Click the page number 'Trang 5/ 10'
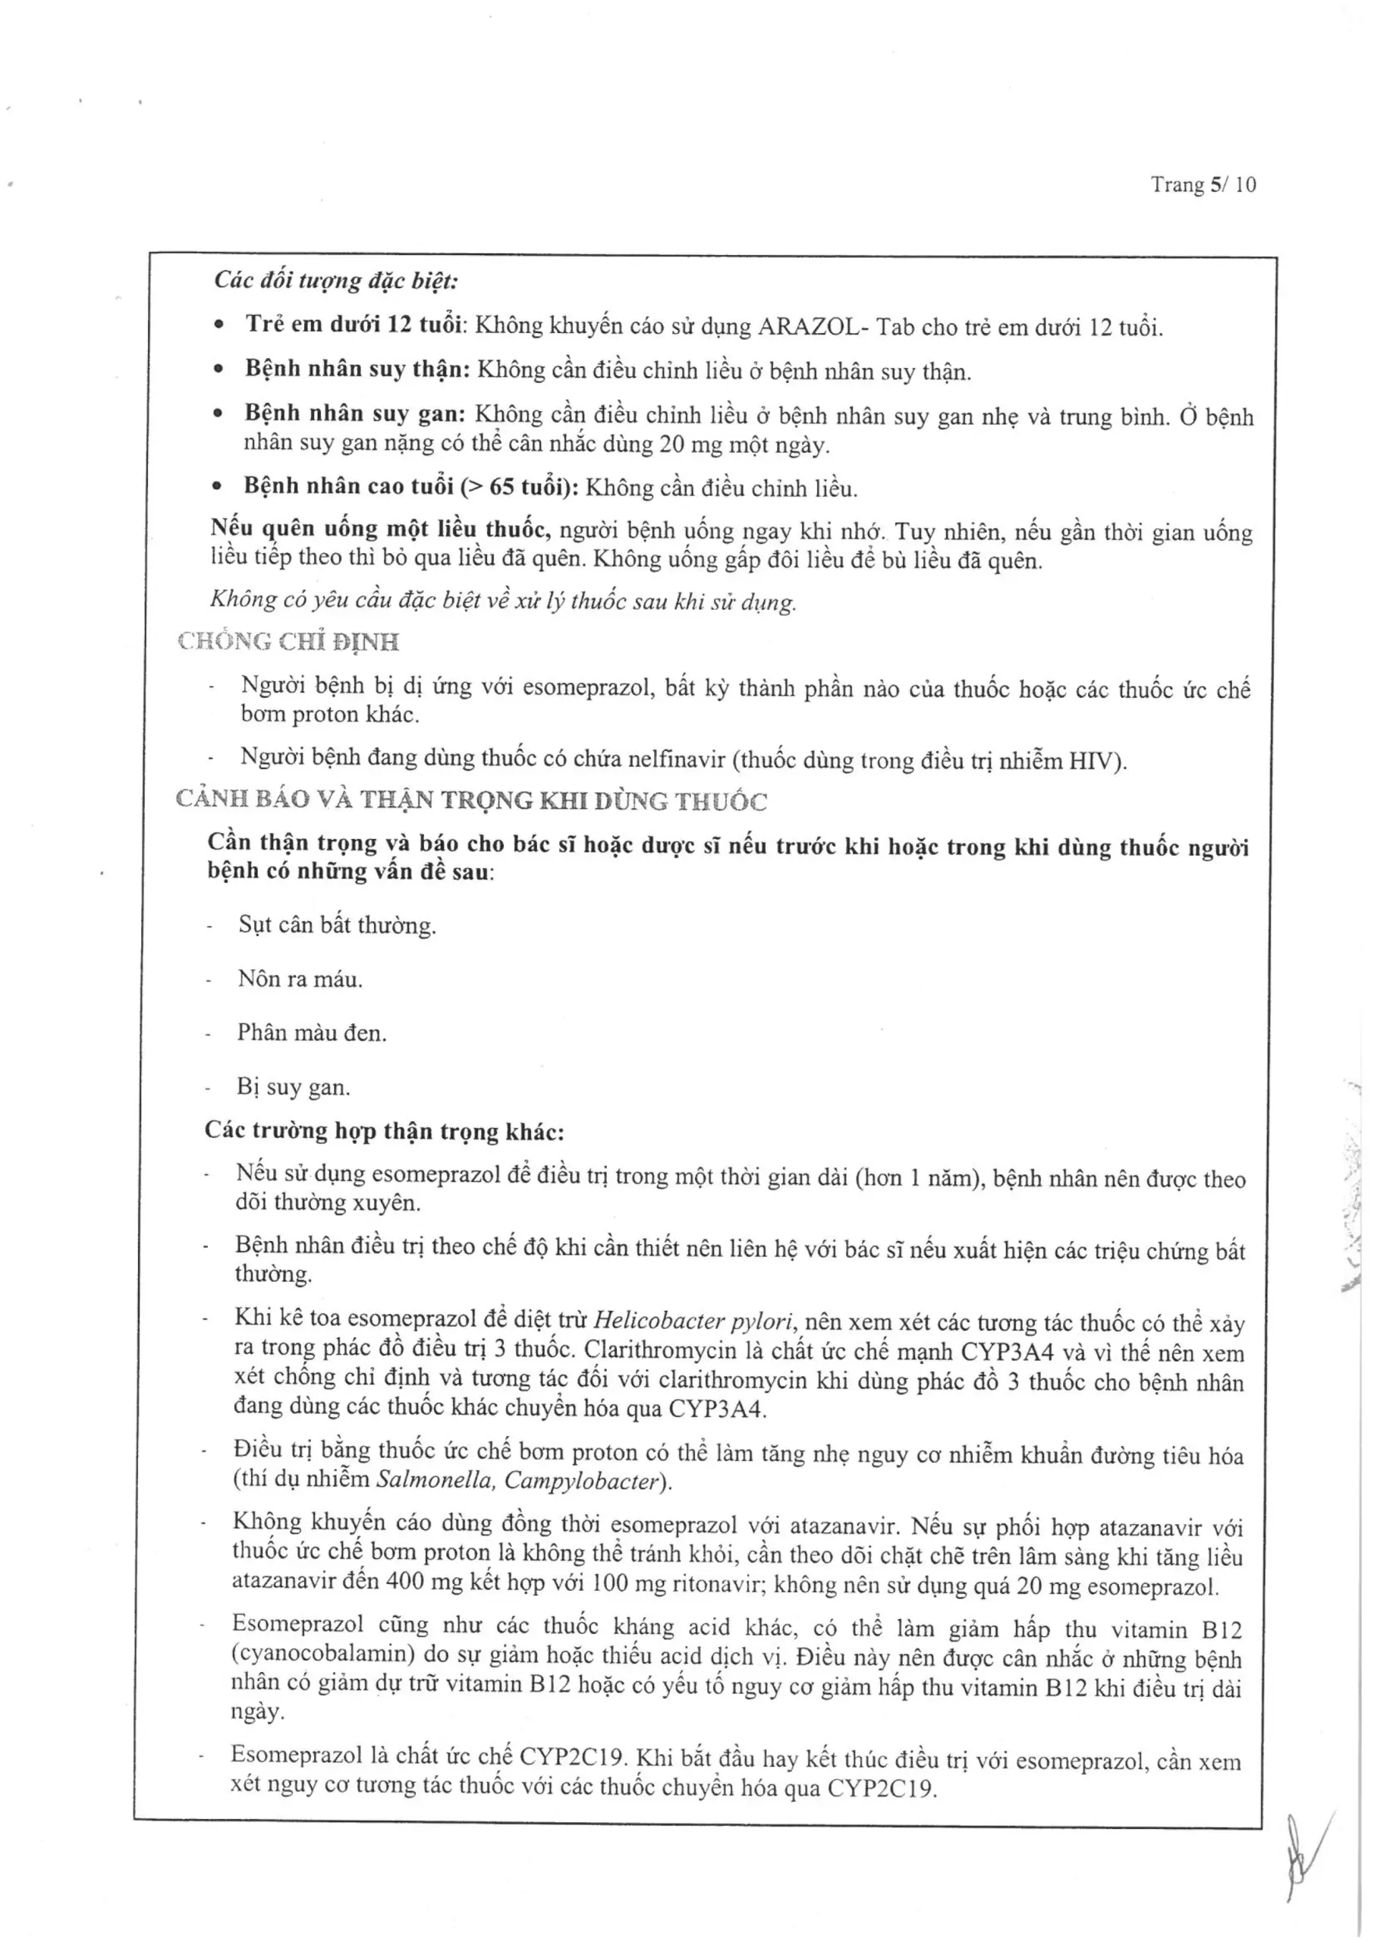[x=1203, y=184]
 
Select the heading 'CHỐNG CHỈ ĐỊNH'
[x=288, y=642]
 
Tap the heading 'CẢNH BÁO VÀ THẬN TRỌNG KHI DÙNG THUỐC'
[x=471, y=800]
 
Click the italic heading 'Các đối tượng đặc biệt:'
[x=336, y=280]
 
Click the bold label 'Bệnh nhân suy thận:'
[x=357, y=369]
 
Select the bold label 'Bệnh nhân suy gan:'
[x=354, y=413]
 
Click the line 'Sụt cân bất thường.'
[x=337, y=925]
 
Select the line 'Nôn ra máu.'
[x=300, y=979]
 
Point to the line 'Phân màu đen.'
[x=311, y=1032]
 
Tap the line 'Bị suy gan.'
[x=293, y=1087]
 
